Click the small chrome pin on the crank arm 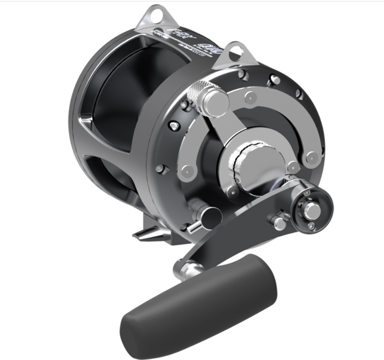coord(279,223)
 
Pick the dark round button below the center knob coord(208,215)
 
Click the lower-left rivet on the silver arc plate coord(186,171)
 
